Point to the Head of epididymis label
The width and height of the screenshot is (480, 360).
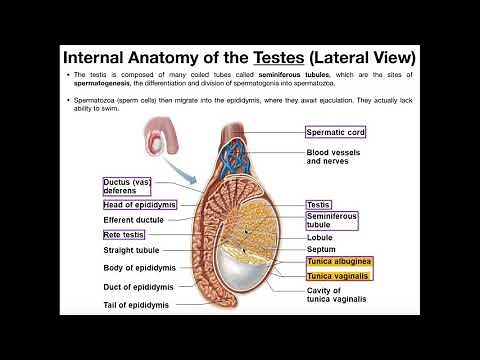(139, 204)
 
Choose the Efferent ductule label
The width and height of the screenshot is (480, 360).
(133, 219)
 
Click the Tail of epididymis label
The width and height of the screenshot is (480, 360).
(136, 304)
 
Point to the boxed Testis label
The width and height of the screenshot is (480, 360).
(318, 204)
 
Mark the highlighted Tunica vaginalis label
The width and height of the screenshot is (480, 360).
(337, 276)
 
